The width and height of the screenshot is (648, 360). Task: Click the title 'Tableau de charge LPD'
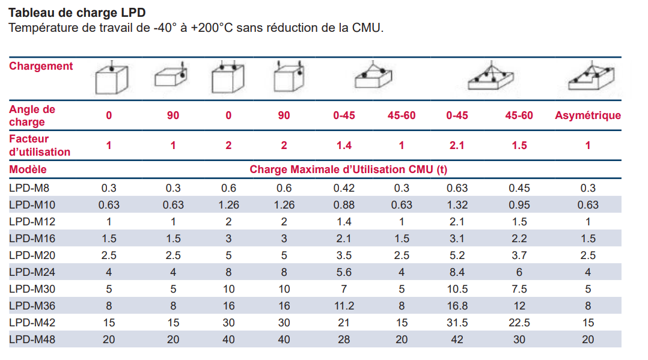pyautogui.click(x=77, y=13)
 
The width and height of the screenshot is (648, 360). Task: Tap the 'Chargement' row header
pyautogui.click(x=41, y=66)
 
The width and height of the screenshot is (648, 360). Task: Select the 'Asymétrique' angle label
pyautogui.click(x=587, y=115)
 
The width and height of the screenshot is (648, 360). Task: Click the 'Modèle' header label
pyautogui.click(x=28, y=169)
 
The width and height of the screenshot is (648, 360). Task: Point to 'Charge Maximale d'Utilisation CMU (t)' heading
pyautogui.click(x=348, y=169)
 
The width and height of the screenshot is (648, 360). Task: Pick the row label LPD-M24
pyautogui.click(x=33, y=272)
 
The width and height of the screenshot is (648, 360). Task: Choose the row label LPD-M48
pyautogui.click(x=33, y=340)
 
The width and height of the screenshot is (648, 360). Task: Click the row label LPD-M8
pyautogui.click(x=30, y=188)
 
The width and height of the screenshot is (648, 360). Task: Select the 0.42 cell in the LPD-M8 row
pyautogui.click(x=344, y=188)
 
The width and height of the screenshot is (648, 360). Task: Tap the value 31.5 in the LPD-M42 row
pyautogui.click(x=457, y=323)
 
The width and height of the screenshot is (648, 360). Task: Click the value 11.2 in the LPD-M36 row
pyautogui.click(x=344, y=306)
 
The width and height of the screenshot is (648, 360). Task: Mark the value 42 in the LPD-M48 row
pyautogui.click(x=457, y=340)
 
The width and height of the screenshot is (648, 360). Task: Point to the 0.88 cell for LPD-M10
pyautogui.click(x=344, y=204)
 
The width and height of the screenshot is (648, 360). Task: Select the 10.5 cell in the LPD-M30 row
pyautogui.click(x=457, y=289)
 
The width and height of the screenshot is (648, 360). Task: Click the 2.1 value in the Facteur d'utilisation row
pyautogui.click(x=457, y=145)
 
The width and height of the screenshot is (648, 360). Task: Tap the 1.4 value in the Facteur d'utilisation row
pyautogui.click(x=344, y=145)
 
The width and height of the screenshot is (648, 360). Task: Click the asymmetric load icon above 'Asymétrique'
pyautogui.click(x=587, y=77)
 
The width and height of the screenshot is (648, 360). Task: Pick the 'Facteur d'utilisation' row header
pyautogui.click(x=40, y=145)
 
